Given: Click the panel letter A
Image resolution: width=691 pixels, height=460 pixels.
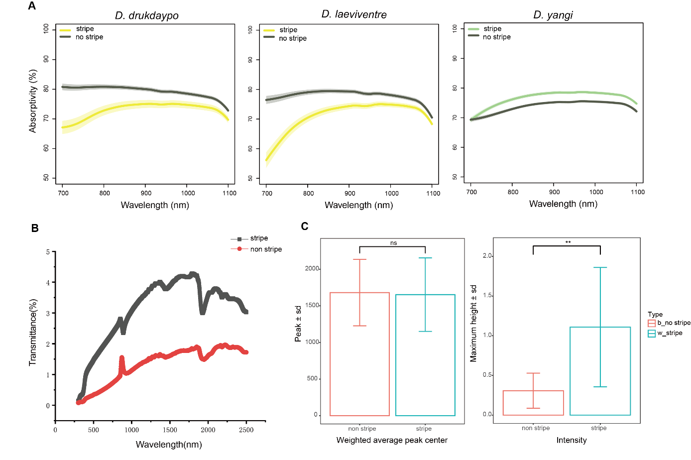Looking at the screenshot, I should (x=32, y=6).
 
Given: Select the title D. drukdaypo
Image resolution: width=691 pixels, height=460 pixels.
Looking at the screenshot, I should (x=146, y=15).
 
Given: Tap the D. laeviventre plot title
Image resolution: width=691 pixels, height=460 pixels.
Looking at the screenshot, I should (x=353, y=14).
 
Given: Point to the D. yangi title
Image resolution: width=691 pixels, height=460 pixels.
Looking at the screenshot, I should (x=553, y=15).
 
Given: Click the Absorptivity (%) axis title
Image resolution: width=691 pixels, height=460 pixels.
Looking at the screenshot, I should (x=33, y=101).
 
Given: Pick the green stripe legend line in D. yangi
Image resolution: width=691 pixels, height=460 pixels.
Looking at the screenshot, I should (x=473, y=29).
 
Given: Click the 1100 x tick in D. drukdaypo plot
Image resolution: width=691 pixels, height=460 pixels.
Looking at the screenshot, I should (x=229, y=193).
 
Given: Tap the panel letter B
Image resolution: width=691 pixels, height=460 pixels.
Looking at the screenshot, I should (x=35, y=228).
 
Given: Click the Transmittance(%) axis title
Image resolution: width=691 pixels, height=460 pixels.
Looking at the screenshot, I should (x=33, y=333).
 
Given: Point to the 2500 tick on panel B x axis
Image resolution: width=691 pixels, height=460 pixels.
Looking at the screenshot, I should (x=246, y=430).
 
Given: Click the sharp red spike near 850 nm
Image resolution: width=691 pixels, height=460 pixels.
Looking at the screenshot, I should (x=121, y=358).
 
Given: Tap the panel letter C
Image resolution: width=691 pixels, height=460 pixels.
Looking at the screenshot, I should (x=305, y=227).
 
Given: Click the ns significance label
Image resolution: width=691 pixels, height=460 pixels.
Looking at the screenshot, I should (x=393, y=243).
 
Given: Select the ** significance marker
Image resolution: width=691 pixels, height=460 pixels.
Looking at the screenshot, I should (x=568, y=242).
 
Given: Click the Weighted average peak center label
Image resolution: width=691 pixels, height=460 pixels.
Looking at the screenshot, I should (x=392, y=440).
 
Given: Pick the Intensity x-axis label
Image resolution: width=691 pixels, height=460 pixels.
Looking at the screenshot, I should (x=571, y=440).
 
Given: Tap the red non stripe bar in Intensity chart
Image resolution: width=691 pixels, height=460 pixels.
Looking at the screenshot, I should (x=533, y=403).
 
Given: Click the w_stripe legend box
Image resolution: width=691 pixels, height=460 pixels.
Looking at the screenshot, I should (x=651, y=334).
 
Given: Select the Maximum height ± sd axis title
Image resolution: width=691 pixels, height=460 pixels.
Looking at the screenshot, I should (x=473, y=324).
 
